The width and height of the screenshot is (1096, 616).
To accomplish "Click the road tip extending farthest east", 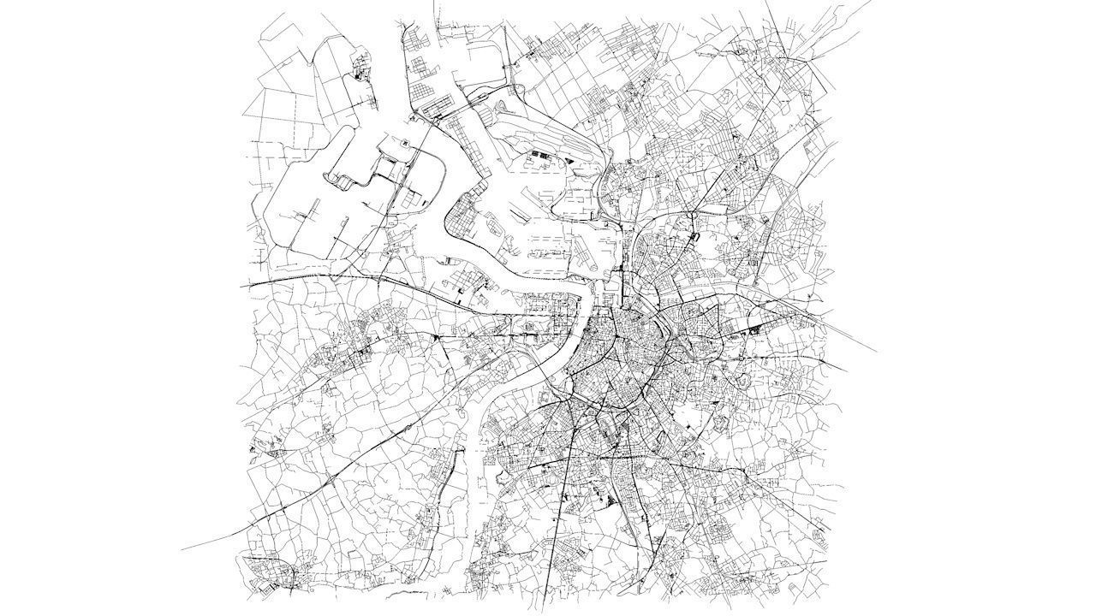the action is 875,351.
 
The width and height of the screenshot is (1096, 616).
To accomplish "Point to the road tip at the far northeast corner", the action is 868,3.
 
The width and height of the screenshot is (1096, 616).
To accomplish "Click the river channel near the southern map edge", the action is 473,513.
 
